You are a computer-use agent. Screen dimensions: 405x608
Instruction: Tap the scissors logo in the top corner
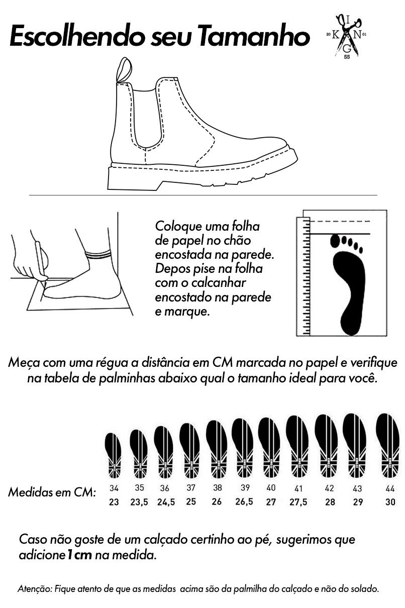point(347,36)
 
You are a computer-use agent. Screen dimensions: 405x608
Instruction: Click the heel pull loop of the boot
point(124,70)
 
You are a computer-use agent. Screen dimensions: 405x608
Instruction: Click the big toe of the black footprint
point(335,240)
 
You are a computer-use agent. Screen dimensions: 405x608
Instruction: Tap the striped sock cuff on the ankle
point(99,255)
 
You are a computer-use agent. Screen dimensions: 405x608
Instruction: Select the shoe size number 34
point(114,488)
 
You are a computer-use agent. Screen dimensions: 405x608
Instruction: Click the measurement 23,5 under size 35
point(139,502)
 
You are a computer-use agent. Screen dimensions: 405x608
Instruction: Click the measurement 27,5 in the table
point(298,502)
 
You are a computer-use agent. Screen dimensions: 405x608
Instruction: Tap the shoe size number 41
point(298,488)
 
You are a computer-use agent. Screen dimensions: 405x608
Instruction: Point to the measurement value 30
point(390,502)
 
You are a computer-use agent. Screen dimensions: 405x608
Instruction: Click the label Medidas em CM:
point(52,492)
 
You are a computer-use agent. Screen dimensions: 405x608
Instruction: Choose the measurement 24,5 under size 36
point(166,502)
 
